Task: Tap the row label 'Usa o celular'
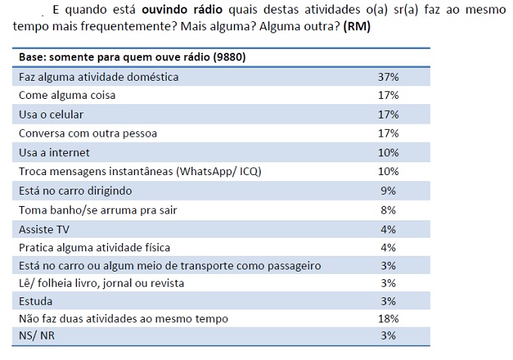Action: (51, 114)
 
